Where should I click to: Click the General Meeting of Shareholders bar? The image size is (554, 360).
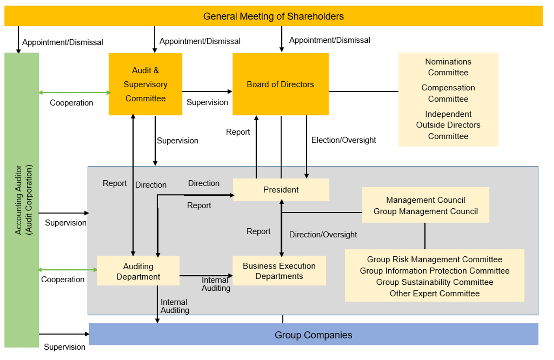pos(273,16)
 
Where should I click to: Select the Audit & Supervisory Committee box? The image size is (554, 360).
pos(145,84)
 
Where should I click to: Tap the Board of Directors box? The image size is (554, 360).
pos(280,84)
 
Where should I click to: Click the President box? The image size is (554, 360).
pos(281,190)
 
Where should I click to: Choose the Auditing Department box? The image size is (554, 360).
pos(138,271)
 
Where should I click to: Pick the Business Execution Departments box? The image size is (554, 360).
pos(279,271)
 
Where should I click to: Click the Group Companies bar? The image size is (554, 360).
pos(313,335)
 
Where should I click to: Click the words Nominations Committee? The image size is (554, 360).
pos(448,67)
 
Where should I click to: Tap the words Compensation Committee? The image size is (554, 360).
pos(448,93)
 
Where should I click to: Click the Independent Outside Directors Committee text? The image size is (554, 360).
pos(448,125)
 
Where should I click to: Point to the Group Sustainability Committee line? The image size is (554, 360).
pos(434,282)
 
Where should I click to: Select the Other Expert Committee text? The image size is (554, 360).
pos(434,293)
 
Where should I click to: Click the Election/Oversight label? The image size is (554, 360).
pos(343,140)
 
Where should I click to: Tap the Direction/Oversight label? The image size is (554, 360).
pos(323,235)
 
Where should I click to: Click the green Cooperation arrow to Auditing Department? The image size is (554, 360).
pos(67,270)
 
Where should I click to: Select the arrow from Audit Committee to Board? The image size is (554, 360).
pos(207,91)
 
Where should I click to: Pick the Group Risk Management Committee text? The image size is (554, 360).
pos(434,259)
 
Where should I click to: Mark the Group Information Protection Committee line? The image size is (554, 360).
pos(434,271)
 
